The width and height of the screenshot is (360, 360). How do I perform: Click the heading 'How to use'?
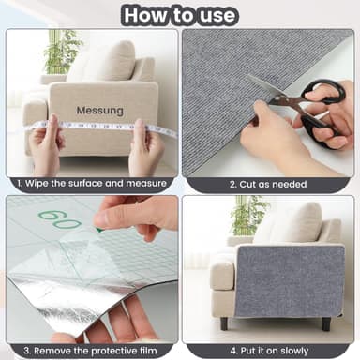(x=180, y=15)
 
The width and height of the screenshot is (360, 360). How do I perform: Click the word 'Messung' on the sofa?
(x=99, y=111)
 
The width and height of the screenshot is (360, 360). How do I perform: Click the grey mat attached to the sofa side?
(x=282, y=280)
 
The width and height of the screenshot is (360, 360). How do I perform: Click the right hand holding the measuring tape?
(x=145, y=145)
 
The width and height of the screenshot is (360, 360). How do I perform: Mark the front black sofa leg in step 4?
(x=223, y=322)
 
